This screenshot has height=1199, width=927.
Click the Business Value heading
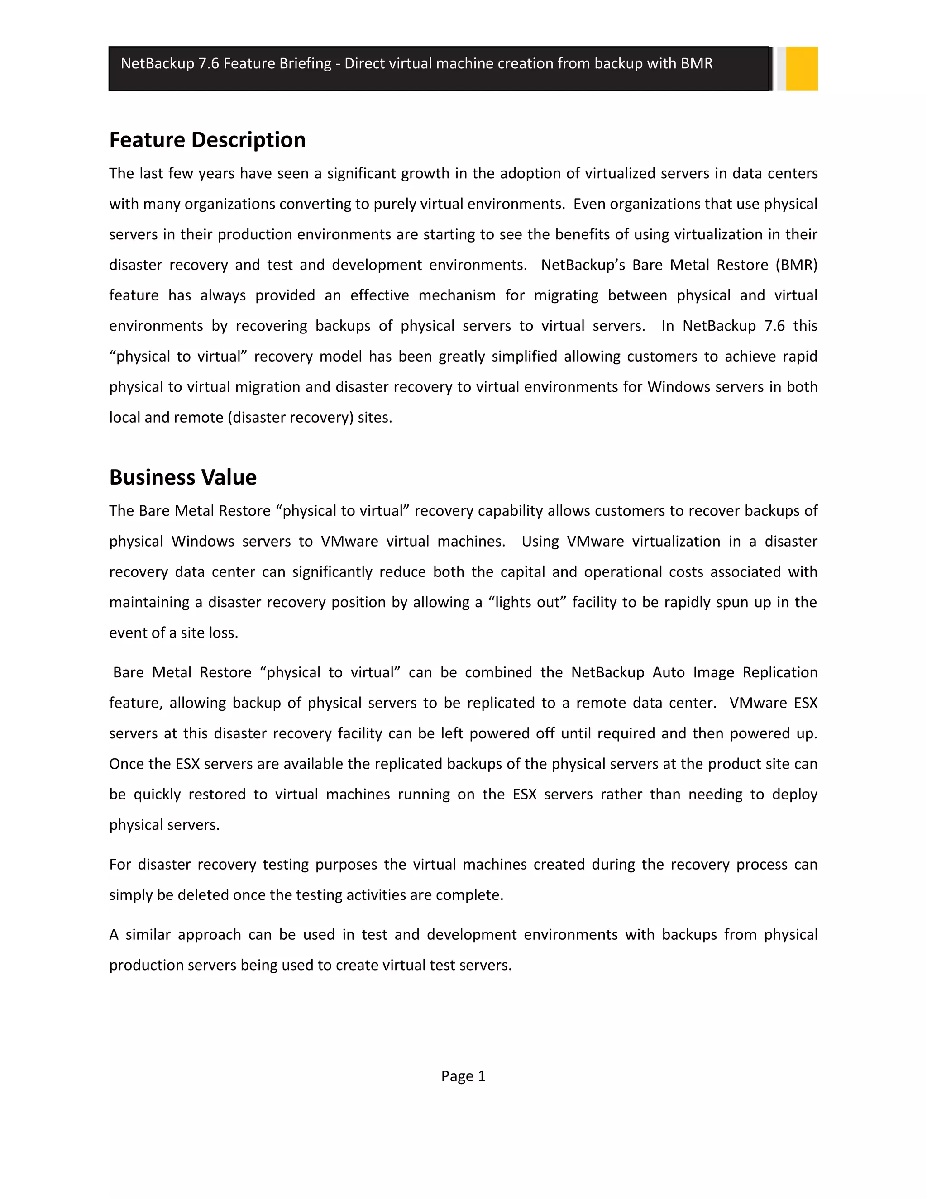click(183, 477)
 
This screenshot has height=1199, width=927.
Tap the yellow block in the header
click(801, 69)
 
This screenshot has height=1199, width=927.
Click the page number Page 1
click(463, 1076)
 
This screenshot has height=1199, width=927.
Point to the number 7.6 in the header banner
click(209, 64)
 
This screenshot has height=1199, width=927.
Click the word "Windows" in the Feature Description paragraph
click(678, 387)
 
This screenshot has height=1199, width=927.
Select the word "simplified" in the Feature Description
click(524, 357)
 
